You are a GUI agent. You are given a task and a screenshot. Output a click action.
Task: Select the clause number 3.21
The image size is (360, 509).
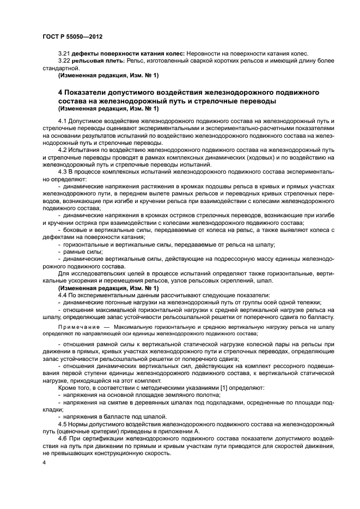click(64, 53)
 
